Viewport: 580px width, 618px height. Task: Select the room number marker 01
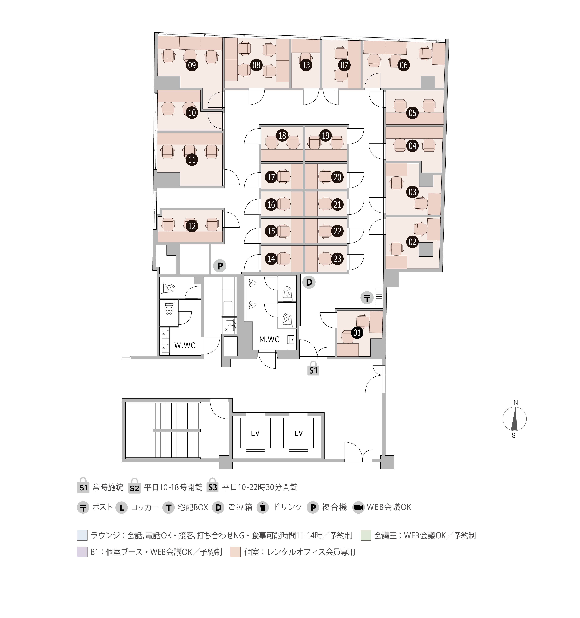click(x=357, y=333)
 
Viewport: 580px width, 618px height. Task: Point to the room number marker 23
click(x=337, y=259)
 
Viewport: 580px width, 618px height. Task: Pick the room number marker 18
click(x=282, y=135)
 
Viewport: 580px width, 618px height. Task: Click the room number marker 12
click(x=192, y=226)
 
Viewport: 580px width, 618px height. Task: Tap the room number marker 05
click(x=412, y=112)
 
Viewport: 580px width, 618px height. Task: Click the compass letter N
click(x=516, y=403)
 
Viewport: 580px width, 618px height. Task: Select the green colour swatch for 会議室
click(x=366, y=535)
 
